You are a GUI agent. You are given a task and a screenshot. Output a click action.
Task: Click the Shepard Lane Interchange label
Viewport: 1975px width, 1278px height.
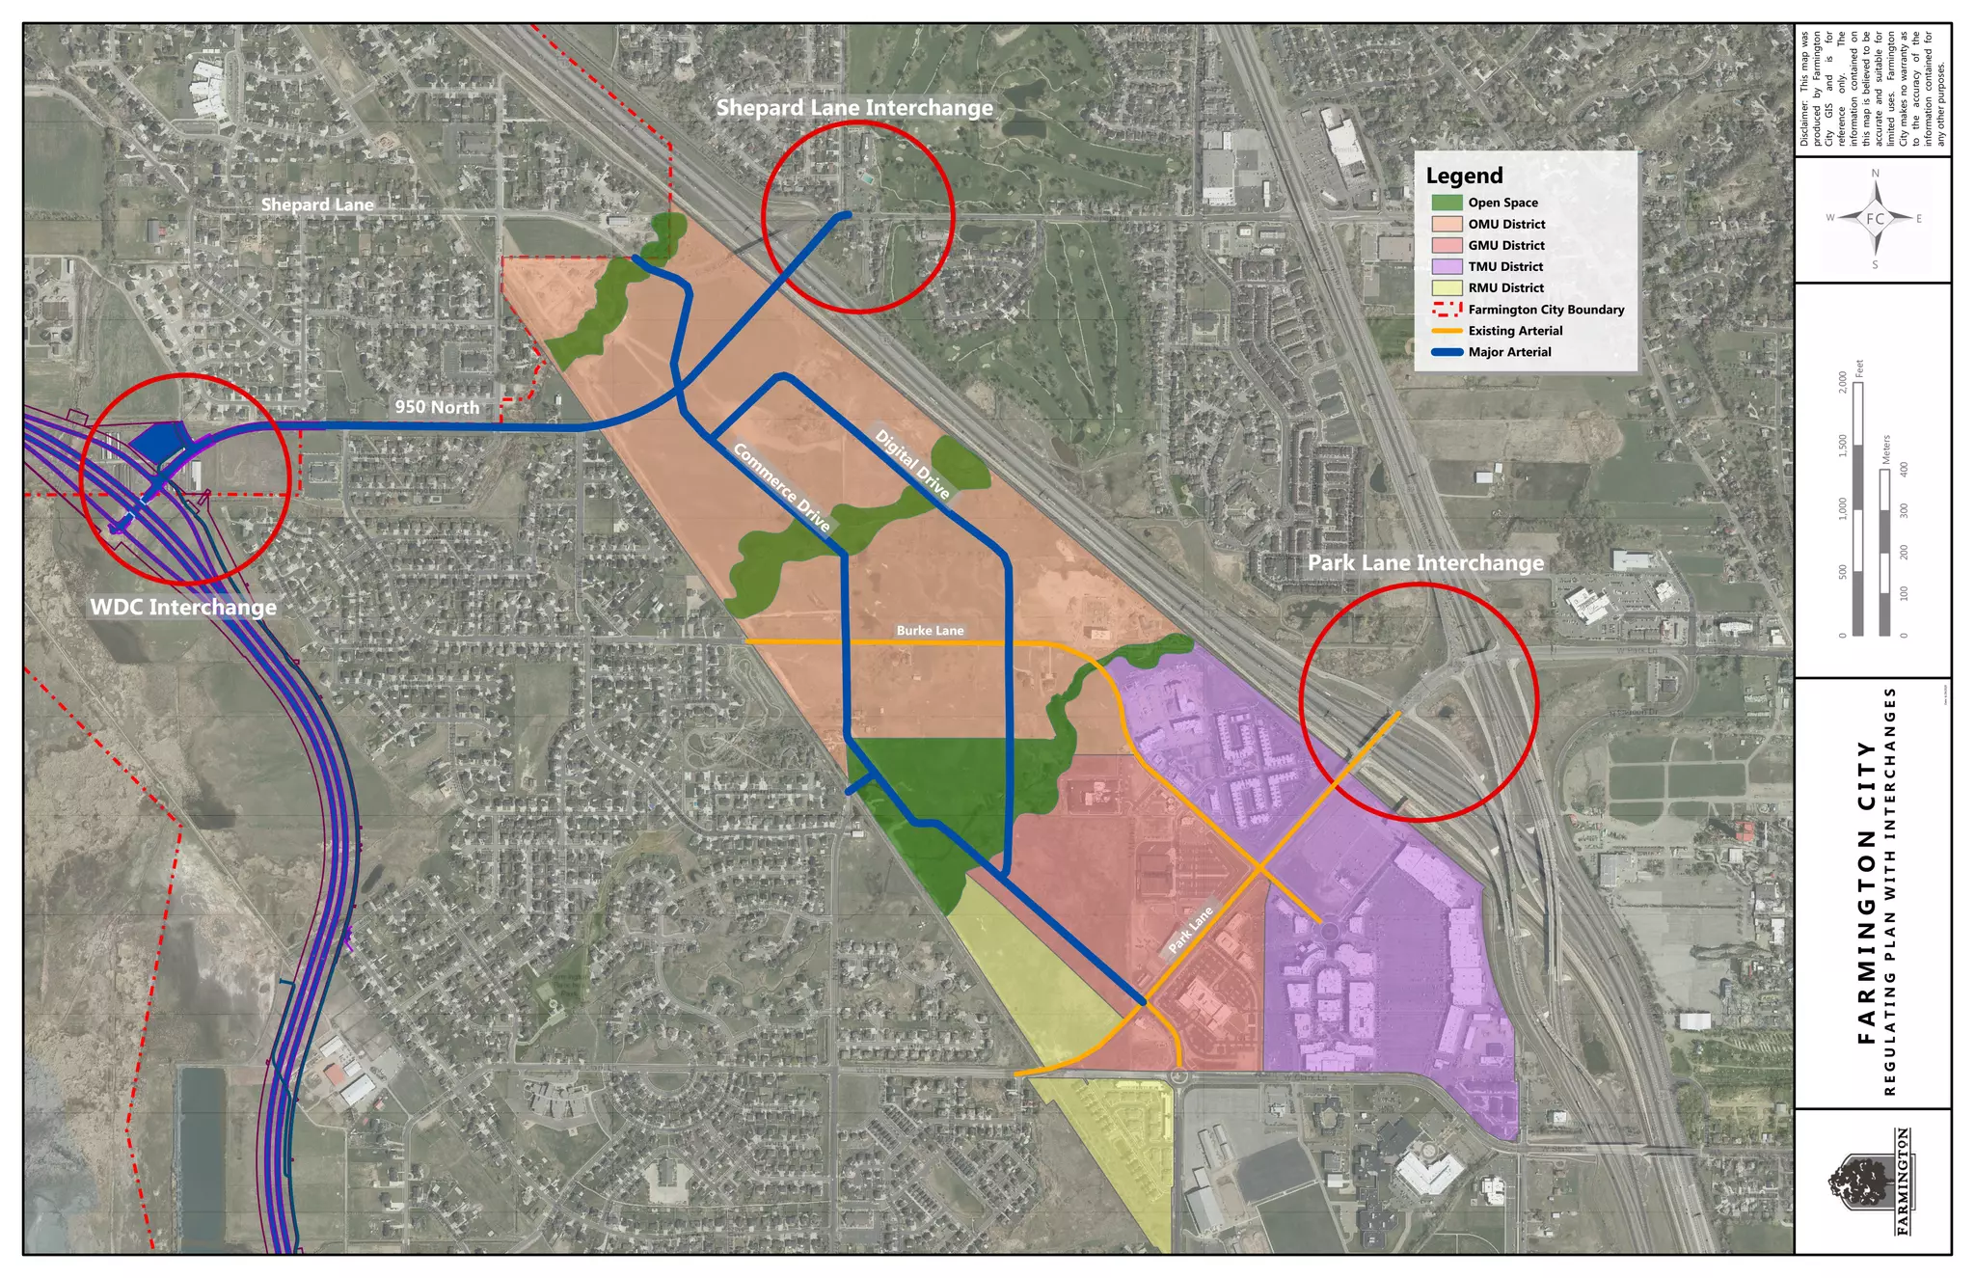click(854, 107)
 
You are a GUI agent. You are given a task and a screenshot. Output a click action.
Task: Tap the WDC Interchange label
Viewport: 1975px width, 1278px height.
click(183, 607)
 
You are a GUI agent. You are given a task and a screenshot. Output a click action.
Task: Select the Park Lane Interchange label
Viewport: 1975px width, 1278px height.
click(1425, 562)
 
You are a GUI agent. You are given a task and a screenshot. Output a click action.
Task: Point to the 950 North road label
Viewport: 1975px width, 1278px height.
click(437, 407)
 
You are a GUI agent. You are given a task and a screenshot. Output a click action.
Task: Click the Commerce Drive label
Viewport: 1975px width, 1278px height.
click(782, 487)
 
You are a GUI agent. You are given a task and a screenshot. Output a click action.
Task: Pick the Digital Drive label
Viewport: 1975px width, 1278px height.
click(912, 464)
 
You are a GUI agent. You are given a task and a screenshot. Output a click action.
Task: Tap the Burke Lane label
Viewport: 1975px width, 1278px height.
click(930, 631)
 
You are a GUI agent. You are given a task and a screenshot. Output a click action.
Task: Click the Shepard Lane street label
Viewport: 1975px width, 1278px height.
click(317, 204)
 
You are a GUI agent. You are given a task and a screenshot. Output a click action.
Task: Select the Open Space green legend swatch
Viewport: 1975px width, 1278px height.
click(1447, 203)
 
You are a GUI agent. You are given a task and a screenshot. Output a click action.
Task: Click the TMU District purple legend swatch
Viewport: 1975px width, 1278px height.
click(1447, 266)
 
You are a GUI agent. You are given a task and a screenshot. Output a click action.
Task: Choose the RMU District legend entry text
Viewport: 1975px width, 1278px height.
click(1505, 287)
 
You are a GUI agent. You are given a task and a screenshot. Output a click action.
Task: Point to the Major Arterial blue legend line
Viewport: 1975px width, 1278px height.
click(1447, 352)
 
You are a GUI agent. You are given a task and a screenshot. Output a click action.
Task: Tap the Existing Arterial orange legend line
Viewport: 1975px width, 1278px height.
click(1447, 331)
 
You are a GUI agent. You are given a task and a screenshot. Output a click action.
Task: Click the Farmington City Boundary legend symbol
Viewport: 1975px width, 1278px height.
click(1447, 310)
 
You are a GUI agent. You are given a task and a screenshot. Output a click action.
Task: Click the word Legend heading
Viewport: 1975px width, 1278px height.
click(1464, 176)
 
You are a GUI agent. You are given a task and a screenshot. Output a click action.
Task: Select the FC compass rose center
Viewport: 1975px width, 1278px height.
click(1875, 219)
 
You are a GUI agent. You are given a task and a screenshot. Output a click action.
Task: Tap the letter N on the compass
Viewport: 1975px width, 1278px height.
click(1875, 174)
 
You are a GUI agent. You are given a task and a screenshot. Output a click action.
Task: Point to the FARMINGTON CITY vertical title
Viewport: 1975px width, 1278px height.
click(1865, 892)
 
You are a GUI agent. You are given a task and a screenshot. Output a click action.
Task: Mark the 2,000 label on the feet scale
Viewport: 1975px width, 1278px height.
click(1843, 381)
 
